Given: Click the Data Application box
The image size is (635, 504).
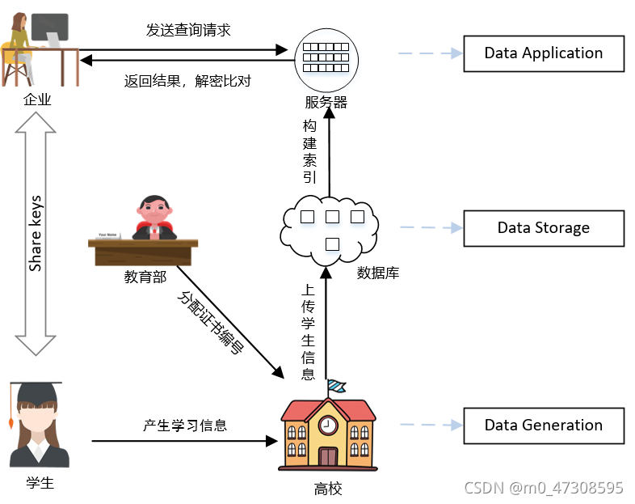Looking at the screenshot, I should pyautogui.click(x=543, y=53).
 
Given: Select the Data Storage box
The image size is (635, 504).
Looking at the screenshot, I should pyautogui.click(x=543, y=227).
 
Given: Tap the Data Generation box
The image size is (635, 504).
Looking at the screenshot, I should pyautogui.click(x=543, y=425).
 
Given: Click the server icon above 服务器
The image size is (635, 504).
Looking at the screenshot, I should pyautogui.click(x=326, y=57).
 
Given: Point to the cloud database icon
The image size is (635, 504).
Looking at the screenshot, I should pyautogui.click(x=330, y=227).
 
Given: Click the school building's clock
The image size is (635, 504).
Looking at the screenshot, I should pyautogui.click(x=327, y=424).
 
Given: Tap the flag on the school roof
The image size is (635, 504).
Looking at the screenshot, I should pyautogui.click(x=335, y=386).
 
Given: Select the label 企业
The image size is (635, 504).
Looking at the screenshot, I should pyautogui.click(x=37, y=100).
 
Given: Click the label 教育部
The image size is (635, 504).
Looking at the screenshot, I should pyautogui.click(x=145, y=277).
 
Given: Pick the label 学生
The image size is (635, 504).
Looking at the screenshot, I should pyautogui.click(x=40, y=483).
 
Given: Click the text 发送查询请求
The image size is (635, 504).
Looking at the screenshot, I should pyautogui.click(x=188, y=30).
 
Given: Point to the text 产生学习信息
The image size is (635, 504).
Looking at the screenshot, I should pyautogui.click(x=185, y=425).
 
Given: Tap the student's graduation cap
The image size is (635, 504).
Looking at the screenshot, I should pyautogui.click(x=35, y=394).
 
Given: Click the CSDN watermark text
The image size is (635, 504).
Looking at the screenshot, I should pyautogui.click(x=543, y=488).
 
